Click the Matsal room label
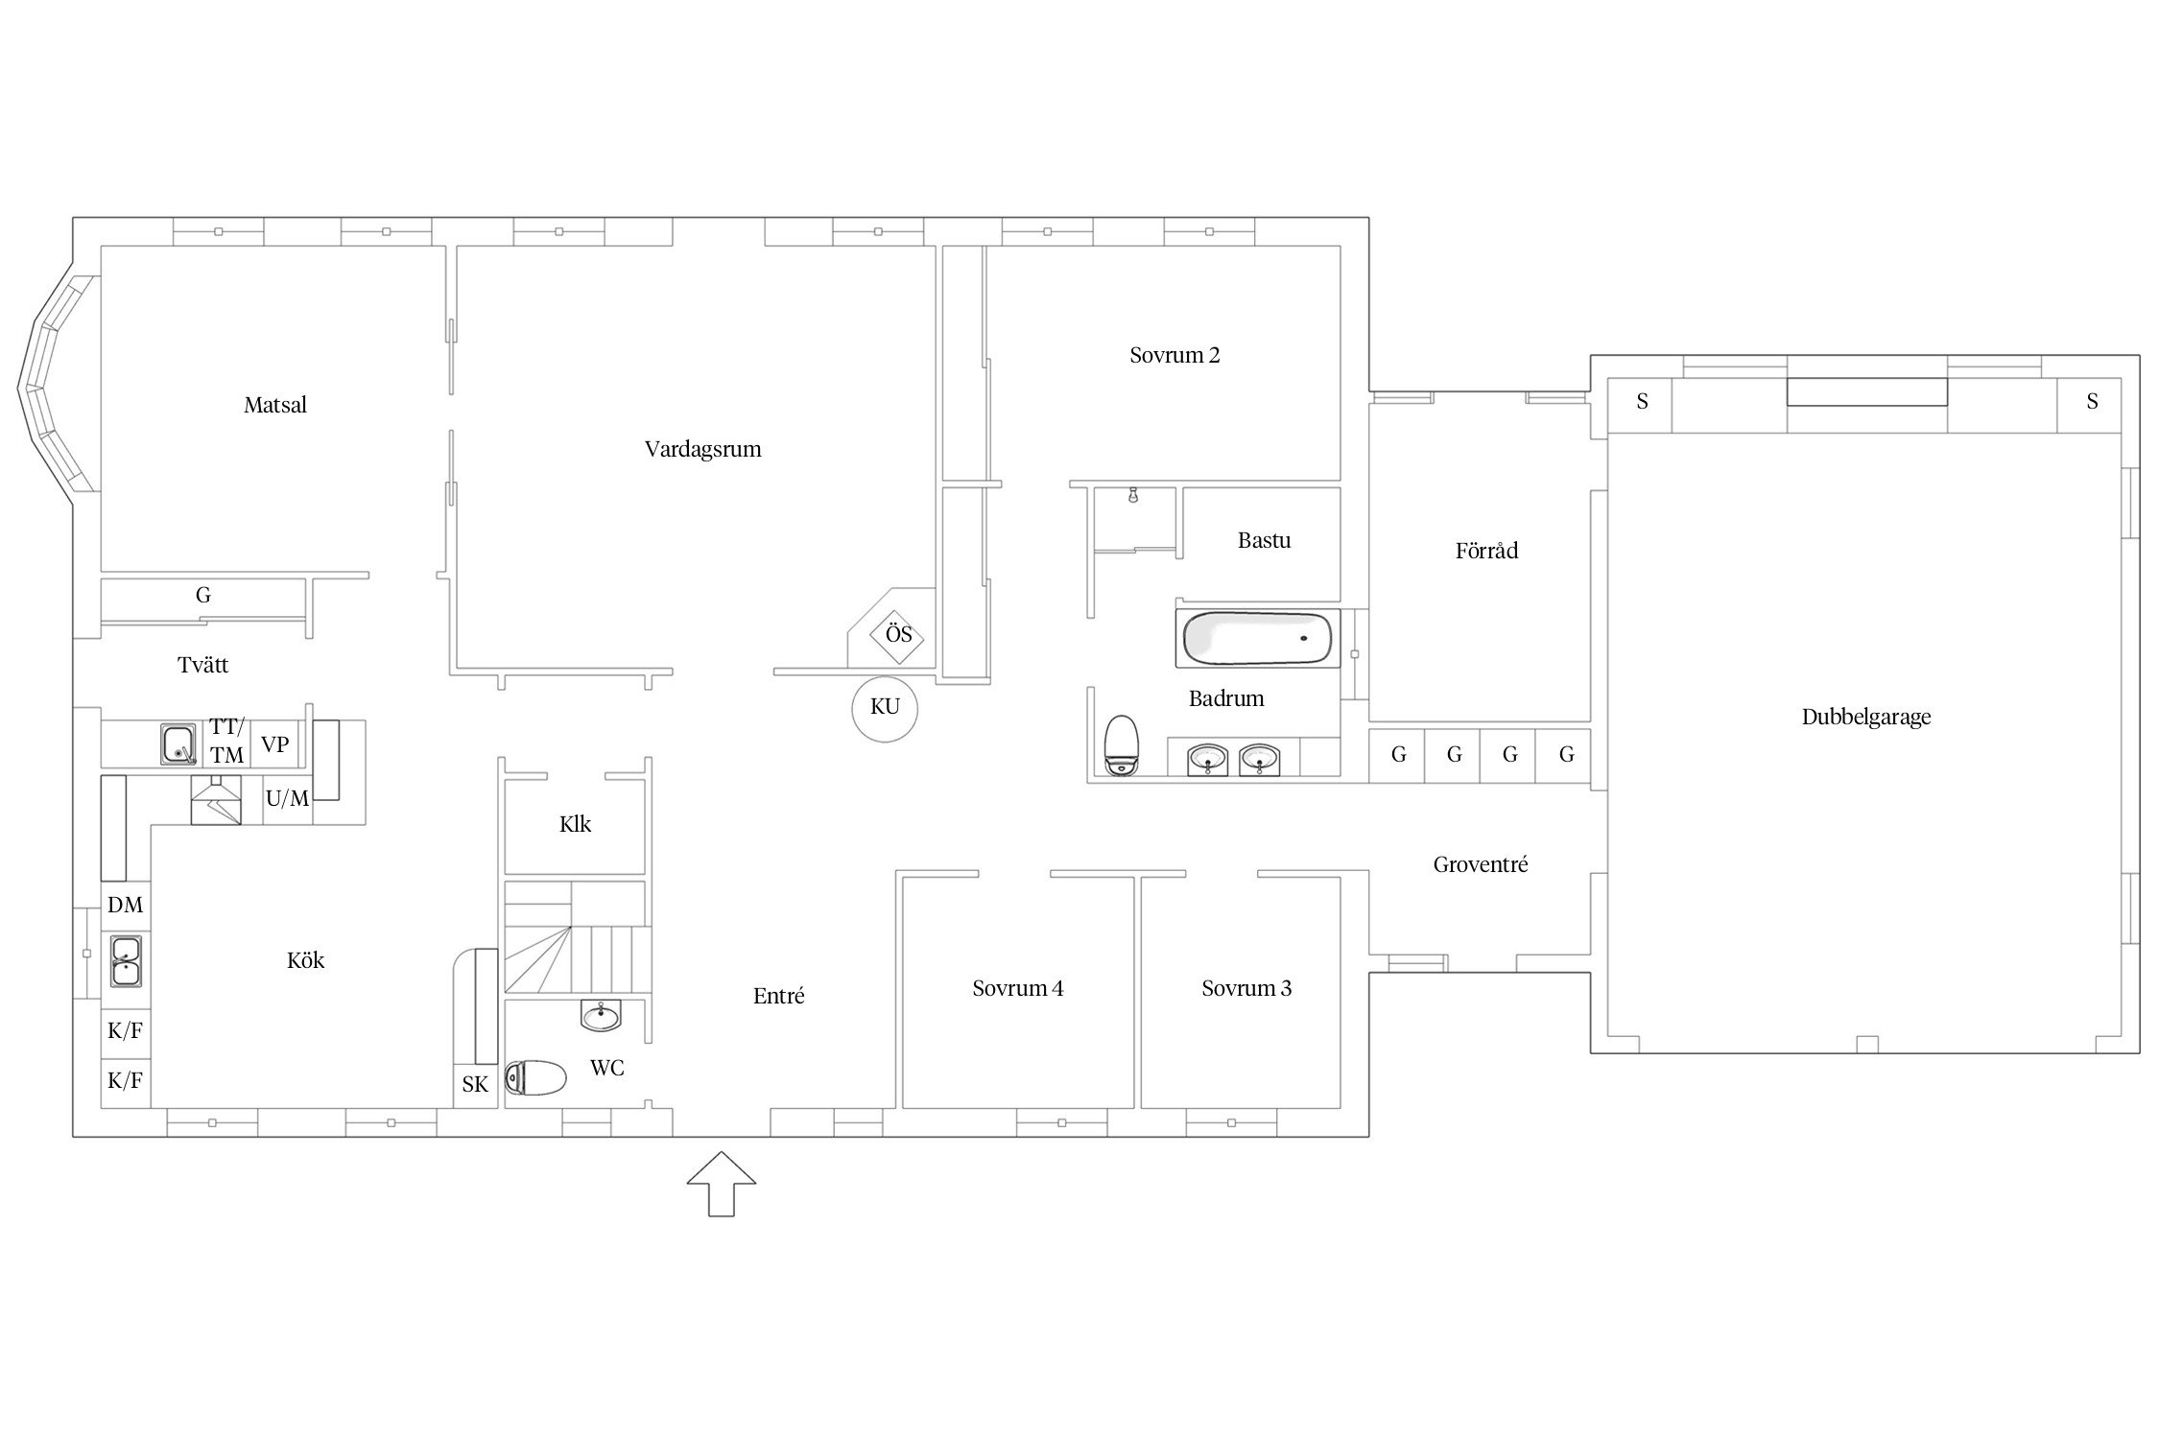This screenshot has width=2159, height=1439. pyautogui.click(x=275, y=405)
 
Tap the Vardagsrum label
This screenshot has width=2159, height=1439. pyautogui.click(x=703, y=450)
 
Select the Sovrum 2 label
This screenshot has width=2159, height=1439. pyautogui.click(x=1174, y=356)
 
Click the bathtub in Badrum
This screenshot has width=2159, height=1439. pyautogui.click(x=1257, y=638)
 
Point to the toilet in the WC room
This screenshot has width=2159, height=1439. pyautogui.click(x=535, y=1077)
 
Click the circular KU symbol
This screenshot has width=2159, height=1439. pyautogui.click(x=885, y=708)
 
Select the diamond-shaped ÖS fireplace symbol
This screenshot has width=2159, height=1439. pyautogui.click(x=898, y=635)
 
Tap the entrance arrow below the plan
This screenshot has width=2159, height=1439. pyautogui.click(x=722, y=1184)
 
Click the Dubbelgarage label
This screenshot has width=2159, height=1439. pyautogui.click(x=1866, y=718)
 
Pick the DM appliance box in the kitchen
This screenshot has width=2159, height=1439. pyautogui.click(x=126, y=906)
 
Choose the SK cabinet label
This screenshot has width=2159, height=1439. pyautogui.click(x=475, y=1085)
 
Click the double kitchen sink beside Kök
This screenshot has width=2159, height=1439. pyautogui.click(x=126, y=960)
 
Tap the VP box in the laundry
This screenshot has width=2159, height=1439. pyautogui.click(x=275, y=744)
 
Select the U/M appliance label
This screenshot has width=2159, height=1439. pyautogui.click(x=288, y=797)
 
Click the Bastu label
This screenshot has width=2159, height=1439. pyautogui.click(x=1264, y=541)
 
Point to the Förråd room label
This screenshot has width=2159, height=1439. pyautogui.click(x=1486, y=551)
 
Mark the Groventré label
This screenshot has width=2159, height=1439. pyautogui.click(x=1481, y=865)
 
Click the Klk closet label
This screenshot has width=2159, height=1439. pyautogui.click(x=575, y=825)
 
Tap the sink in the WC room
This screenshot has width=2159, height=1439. pyautogui.click(x=602, y=1015)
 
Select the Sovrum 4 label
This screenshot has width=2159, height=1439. pyautogui.click(x=1017, y=989)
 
